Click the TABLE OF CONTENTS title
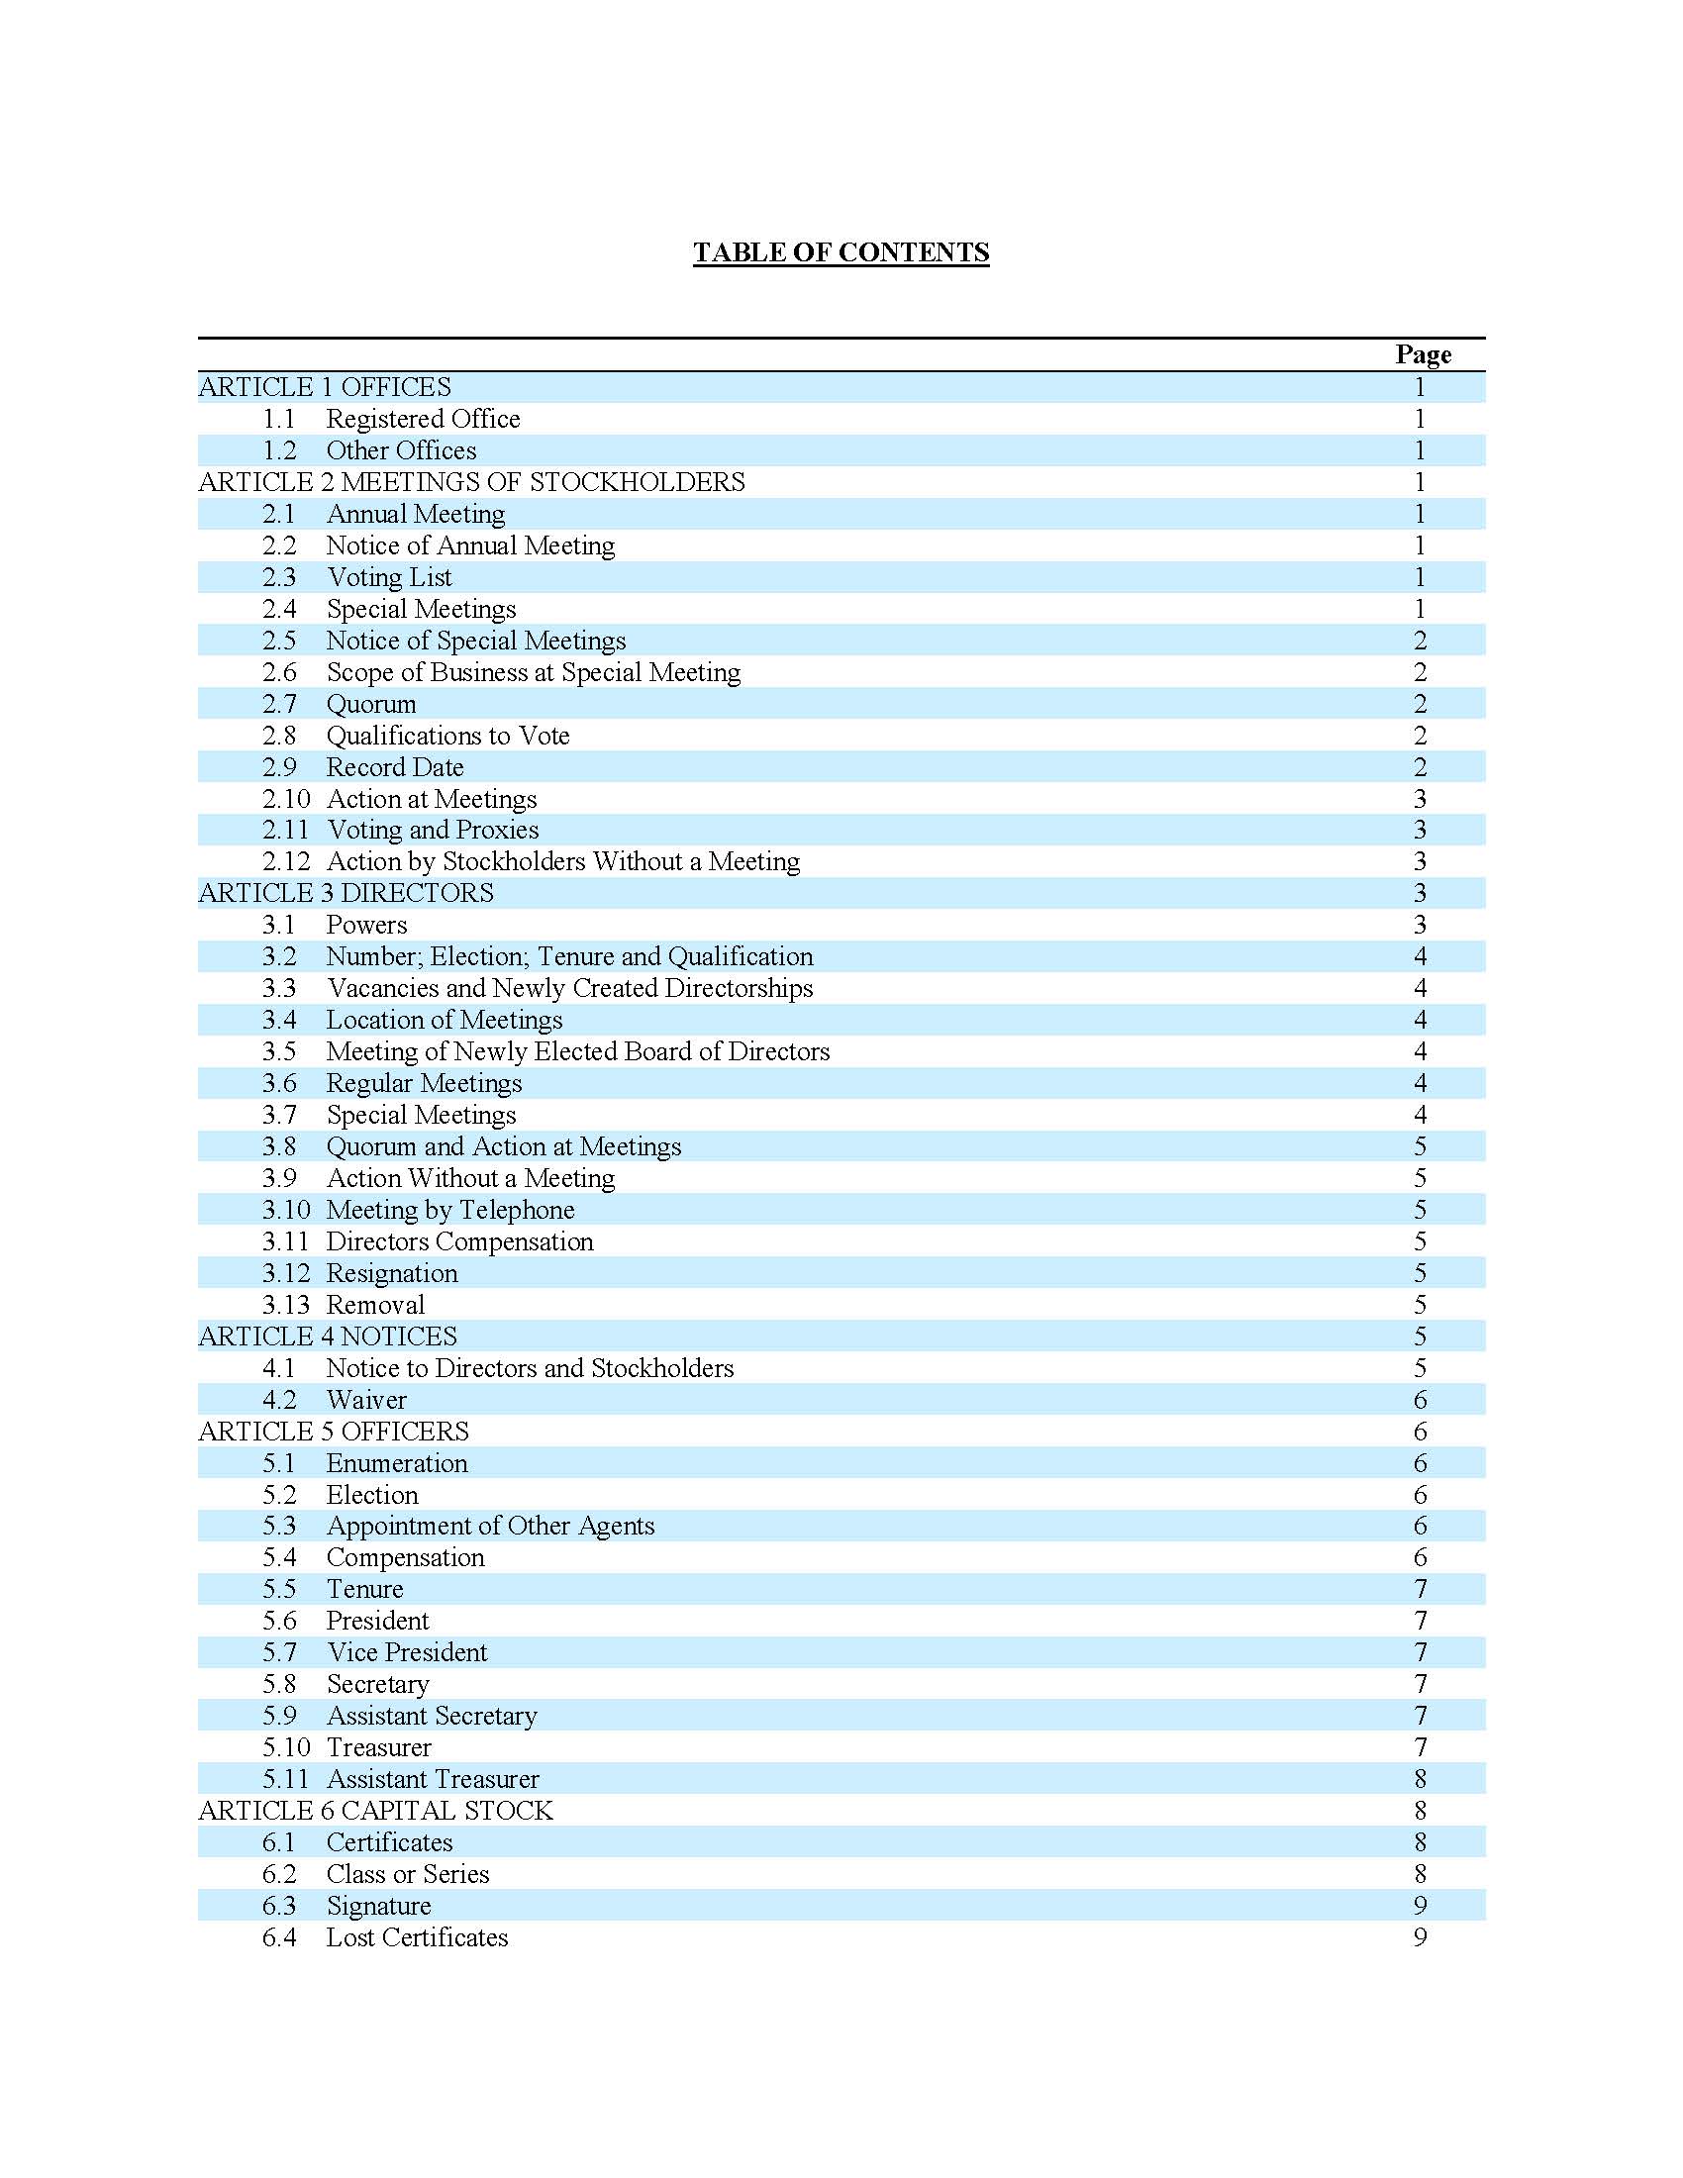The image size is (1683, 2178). point(841,252)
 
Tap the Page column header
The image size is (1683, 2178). point(1423,354)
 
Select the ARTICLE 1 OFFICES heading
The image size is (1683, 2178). point(324,387)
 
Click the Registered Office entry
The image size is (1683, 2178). point(423,419)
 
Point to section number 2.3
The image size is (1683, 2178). point(279,577)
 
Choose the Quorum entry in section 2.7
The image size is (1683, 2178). point(371,704)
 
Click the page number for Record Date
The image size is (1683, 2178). point(1420,767)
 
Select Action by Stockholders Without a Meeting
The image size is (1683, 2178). point(563,861)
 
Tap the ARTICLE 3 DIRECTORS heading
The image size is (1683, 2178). point(345,894)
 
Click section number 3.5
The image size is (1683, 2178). point(279,1052)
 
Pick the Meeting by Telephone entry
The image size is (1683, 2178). point(450,1210)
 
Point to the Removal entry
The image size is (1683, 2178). point(375,1306)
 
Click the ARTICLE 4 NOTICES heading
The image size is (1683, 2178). point(327,1336)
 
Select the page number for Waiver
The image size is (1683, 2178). point(1420,1400)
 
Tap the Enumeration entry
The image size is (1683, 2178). point(397,1463)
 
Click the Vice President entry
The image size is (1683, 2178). point(407,1652)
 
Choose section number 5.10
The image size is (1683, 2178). point(286,1747)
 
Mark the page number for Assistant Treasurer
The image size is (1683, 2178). point(1420,1779)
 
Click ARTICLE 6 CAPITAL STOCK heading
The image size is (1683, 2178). point(375,1811)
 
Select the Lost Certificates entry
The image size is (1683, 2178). point(417,1937)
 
